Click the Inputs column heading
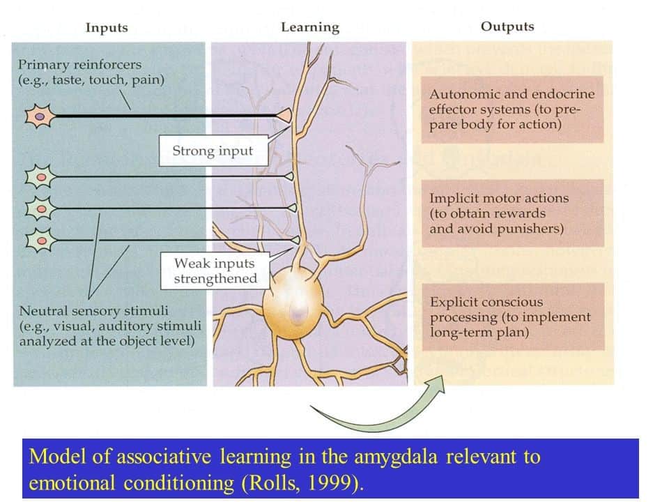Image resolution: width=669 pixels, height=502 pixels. (x=107, y=28)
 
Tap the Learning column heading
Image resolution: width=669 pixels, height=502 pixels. (x=310, y=28)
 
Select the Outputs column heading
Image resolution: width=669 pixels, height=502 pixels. (x=507, y=27)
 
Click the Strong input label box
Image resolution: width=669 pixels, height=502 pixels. (x=213, y=151)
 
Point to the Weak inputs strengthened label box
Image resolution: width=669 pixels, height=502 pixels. (x=215, y=271)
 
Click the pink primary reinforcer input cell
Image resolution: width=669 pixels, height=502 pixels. (x=40, y=116)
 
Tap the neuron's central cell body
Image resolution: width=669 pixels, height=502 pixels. (x=295, y=307)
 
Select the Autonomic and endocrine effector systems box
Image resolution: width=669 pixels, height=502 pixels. (x=512, y=109)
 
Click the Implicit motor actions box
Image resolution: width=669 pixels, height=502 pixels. (x=512, y=213)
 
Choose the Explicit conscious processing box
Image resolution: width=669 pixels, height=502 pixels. (x=512, y=317)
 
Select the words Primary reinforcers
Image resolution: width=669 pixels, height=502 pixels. (x=79, y=65)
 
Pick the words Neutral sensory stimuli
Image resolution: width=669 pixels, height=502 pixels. (x=93, y=310)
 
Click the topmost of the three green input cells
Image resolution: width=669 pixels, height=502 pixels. (x=40, y=176)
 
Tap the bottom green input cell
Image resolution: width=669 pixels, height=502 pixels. (x=40, y=240)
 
